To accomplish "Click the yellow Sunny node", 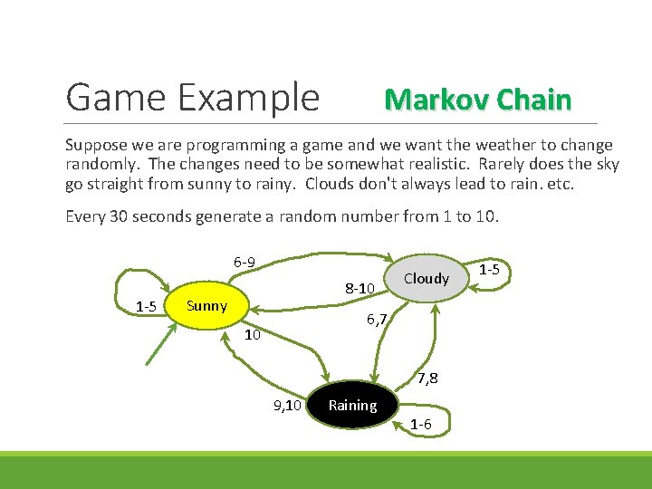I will [x=206, y=306].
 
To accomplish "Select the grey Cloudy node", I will [x=426, y=279].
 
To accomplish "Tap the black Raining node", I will [x=353, y=406].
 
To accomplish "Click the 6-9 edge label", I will [x=244, y=263].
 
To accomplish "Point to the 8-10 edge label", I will [x=360, y=289].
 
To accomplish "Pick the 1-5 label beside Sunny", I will [x=146, y=306].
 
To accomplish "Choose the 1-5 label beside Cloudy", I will [x=489, y=269].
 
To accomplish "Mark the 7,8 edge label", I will [x=427, y=378].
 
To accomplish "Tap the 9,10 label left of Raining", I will [x=287, y=406].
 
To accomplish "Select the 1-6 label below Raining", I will [x=421, y=425].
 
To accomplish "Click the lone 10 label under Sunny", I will [x=253, y=335].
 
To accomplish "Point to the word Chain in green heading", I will [x=534, y=99].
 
